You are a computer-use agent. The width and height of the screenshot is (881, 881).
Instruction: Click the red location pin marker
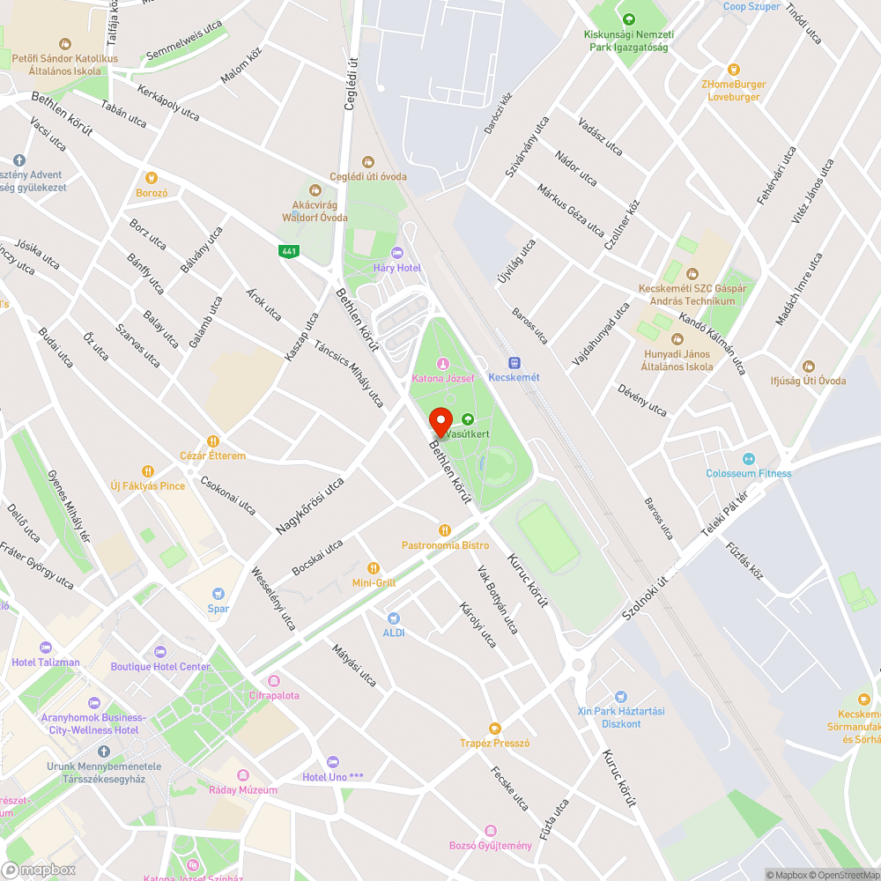[440, 421]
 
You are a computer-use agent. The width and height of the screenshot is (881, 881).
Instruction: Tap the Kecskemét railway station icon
[514, 362]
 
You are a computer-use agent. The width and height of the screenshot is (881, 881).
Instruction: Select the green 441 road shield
[288, 252]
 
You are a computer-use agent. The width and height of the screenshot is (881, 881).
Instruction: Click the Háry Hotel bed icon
[396, 253]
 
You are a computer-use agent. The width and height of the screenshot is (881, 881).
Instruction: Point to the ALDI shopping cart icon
[393, 618]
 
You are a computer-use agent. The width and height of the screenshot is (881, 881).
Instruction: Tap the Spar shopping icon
[218, 594]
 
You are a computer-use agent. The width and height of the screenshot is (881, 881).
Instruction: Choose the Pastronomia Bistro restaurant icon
[445, 530]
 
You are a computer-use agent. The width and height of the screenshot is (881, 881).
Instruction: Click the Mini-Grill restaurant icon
[374, 568]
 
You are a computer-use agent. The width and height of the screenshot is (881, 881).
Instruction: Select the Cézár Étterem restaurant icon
[212, 441]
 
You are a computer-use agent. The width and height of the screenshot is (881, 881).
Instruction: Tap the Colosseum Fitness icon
[749, 458]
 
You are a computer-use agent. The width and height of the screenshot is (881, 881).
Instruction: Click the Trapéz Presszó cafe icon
[494, 728]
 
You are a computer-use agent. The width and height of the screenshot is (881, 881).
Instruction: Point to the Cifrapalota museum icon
[274, 681]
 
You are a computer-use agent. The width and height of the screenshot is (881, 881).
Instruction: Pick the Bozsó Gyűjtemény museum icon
[491, 831]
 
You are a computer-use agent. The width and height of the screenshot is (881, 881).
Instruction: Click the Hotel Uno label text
[332, 776]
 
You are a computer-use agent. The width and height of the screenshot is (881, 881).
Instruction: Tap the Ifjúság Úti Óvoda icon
[809, 366]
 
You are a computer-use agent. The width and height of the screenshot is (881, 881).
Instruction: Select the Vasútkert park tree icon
[468, 419]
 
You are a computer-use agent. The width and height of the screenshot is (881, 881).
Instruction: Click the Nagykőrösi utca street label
[309, 506]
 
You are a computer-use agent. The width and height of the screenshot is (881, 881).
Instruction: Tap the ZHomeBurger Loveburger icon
[733, 70]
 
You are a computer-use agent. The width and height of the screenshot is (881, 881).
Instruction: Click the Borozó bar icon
[152, 178]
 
